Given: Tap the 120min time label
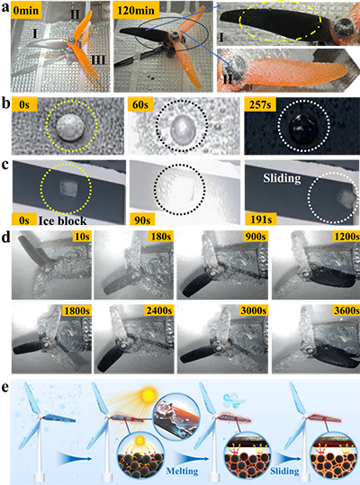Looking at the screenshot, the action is (136, 10).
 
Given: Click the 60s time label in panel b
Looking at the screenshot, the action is (140, 104).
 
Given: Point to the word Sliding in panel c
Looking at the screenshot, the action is (282, 178).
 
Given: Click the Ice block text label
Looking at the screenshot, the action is (62, 220).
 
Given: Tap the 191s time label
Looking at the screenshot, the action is (260, 220).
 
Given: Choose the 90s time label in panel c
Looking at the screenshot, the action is (142, 220).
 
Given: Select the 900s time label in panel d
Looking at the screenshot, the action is (255, 237).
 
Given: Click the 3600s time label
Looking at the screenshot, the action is (346, 310).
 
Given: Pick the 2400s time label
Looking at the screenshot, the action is (159, 310).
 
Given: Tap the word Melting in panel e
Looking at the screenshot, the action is (182, 472).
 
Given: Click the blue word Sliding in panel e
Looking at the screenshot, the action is (284, 472).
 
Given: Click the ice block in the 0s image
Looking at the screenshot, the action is (67, 189).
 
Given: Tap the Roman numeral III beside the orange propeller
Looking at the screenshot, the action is (97, 59).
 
